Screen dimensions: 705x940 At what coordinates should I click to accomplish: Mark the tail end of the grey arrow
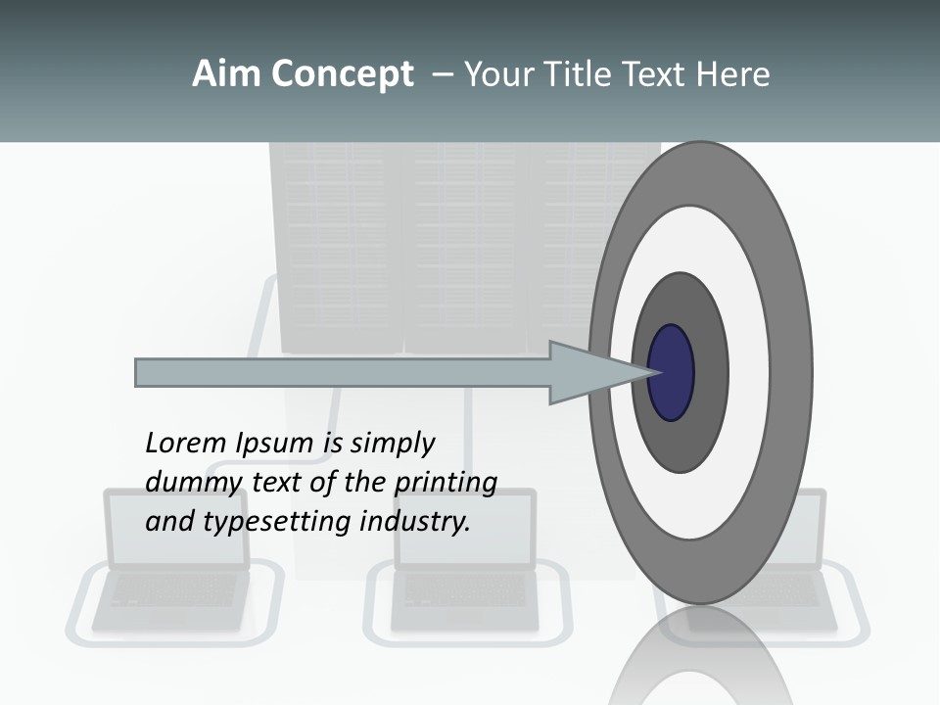137,372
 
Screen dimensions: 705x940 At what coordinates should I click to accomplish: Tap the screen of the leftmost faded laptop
176,529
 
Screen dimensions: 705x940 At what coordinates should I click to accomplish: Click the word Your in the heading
496,74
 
